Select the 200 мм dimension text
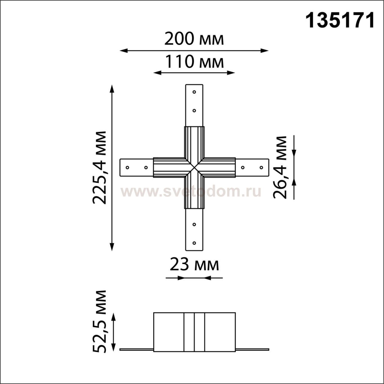pos(194,39)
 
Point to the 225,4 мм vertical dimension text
pos(99,167)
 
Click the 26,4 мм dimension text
pos(280,167)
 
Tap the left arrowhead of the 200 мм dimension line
pos(124,51)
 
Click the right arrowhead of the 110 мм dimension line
pos(231,73)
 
